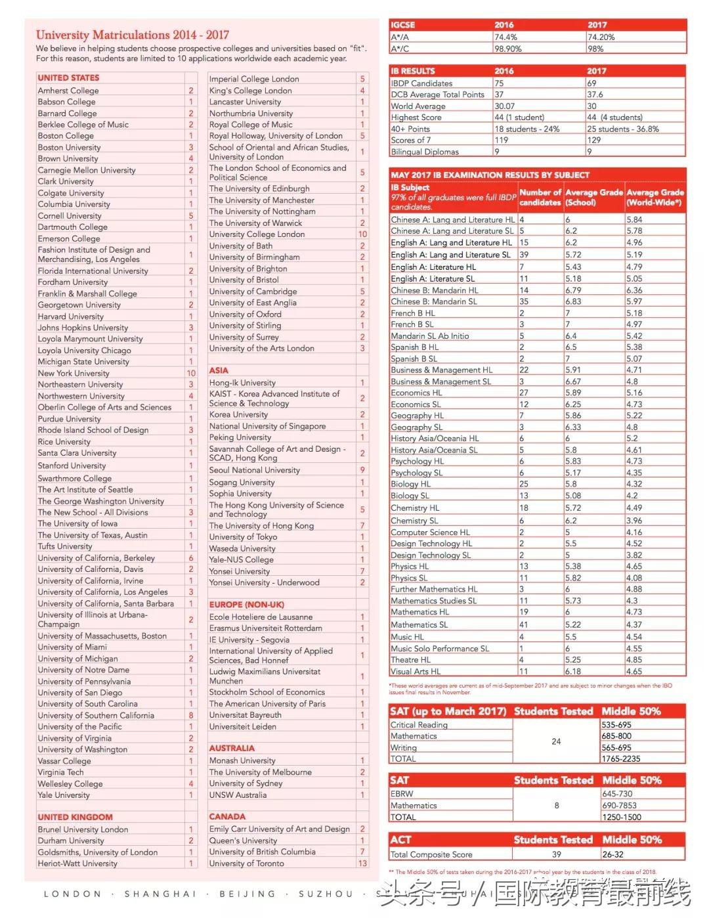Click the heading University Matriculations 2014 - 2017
pyautogui.click(x=132, y=35)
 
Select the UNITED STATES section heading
pyautogui.click(x=68, y=77)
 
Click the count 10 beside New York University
pyautogui.click(x=191, y=373)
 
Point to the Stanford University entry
pyautogui.click(x=72, y=466)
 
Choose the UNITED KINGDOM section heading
pyautogui.click(x=75, y=817)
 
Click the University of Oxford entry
pyautogui.click(x=245, y=315)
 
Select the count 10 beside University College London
pyautogui.click(x=362, y=234)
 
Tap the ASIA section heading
pyautogui.click(x=219, y=370)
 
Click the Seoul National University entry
pyautogui.click(x=254, y=470)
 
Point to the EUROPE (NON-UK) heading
pyautogui.click(x=246, y=604)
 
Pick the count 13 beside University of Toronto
pyautogui.click(x=362, y=863)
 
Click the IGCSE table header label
pyautogui.click(x=403, y=25)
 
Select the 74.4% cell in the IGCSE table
pyautogui.click(x=506, y=37)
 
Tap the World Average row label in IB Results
pyautogui.click(x=418, y=106)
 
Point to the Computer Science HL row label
pyautogui.click(x=430, y=533)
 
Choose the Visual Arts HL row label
pyautogui.click(x=416, y=672)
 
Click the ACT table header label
pyautogui.click(x=400, y=840)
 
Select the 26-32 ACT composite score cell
pyautogui.click(x=613, y=855)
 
